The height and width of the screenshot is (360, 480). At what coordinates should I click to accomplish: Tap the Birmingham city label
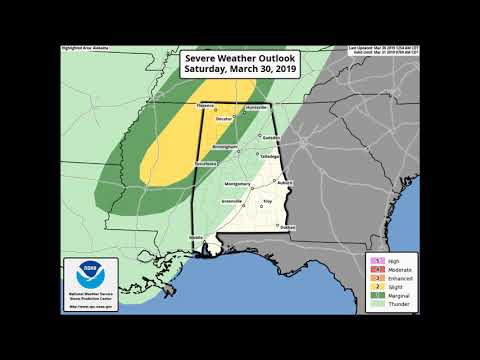pos(225,146)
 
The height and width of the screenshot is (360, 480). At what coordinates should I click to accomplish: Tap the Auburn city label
pos(285,182)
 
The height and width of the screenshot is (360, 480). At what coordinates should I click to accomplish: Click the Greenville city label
pos(231,203)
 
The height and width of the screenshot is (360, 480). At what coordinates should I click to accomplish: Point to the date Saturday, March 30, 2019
pos(239,71)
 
